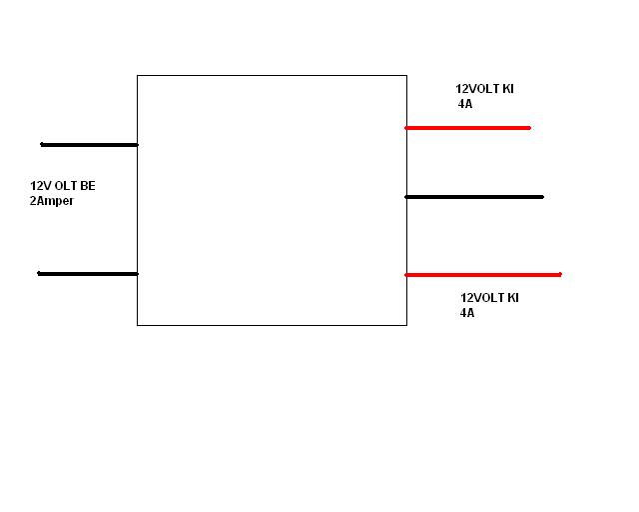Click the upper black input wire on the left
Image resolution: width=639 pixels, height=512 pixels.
click(88, 145)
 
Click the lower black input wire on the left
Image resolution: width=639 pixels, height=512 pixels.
click(87, 273)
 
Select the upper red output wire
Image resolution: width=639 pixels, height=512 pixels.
click(467, 128)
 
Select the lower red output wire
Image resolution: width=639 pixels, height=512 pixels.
click(483, 275)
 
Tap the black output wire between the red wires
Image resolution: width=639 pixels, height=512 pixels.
click(474, 197)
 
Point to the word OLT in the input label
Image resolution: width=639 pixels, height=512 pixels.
click(67, 186)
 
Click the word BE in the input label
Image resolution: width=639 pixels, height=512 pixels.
click(89, 186)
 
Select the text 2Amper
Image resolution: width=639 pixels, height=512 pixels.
click(52, 201)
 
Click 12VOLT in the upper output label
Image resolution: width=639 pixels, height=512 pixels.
click(476, 89)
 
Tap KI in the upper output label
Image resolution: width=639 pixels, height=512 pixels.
click(507, 89)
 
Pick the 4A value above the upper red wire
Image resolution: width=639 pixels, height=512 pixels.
click(464, 103)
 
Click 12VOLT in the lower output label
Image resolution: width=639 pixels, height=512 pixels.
click(480, 298)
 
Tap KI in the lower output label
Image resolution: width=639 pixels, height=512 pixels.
click(512, 298)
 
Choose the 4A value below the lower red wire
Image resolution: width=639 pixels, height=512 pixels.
click(467, 313)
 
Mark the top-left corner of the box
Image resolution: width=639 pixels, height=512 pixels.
click(137, 75)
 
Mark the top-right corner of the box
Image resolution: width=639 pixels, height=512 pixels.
click(406, 75)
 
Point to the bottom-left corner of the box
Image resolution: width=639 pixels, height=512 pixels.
click(137, 325)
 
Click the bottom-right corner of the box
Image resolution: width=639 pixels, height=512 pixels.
click(406, 325)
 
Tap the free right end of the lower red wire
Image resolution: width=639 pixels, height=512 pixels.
click(560, 275)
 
